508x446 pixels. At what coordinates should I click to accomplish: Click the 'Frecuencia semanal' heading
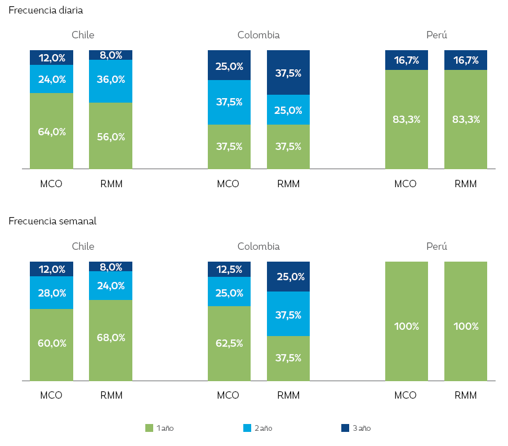coord(52,221)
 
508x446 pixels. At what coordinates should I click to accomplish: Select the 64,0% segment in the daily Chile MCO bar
coord(52,131)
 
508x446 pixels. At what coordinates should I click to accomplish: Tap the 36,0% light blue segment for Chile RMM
coord(110,80)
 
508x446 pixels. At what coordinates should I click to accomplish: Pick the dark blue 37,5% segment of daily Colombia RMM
coord(288,73)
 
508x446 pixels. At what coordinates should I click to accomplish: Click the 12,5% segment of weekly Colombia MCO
coord(229,270)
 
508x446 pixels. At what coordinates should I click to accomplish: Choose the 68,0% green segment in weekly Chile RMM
coord(110,338)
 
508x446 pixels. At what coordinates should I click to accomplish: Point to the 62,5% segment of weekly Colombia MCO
coord(229,343)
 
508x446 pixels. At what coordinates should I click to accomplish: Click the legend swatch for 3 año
coord(345,428)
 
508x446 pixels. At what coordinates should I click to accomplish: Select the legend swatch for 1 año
coord(149,428)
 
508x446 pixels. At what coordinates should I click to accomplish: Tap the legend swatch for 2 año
coord(247,428)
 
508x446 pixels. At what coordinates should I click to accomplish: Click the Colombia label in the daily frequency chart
coord(259,35)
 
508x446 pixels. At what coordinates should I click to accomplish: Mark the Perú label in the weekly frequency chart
coord(436,246)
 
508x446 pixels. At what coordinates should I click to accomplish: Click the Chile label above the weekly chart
coord(83,246)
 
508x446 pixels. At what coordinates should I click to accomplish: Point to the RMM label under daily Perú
coord(466,184)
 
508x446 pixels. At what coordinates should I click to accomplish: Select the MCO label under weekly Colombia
coord(228,395)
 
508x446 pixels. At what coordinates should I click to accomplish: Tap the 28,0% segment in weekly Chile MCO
coord(52,293)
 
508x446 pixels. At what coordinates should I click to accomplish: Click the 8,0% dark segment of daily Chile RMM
coord(110,55)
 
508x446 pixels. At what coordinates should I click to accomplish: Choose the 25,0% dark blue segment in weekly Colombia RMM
coord(288,277)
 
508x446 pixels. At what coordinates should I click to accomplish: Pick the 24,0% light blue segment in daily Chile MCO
coord(52,80)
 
